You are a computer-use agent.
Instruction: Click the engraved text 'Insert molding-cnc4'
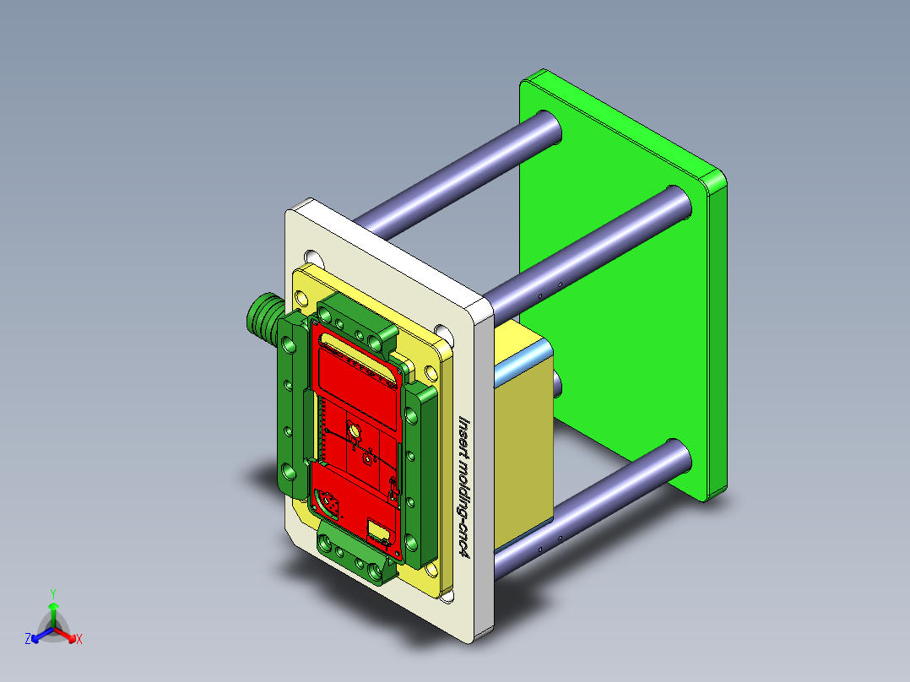pyautogui.click(x=463, y=485)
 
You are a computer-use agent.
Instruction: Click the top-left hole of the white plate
pyautogui.click(x=313, y=257)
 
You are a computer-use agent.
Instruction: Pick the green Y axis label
pyautogui.click(x=52, y=593)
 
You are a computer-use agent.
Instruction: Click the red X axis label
pyautogui.click(x=79, y=640)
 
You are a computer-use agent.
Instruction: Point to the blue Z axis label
pyautogui.click(x=28, y=640)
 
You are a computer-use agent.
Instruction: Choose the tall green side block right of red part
pyautogui.click(x=419, y=473)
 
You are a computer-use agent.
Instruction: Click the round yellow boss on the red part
pyautogui.click(x=355, y=433)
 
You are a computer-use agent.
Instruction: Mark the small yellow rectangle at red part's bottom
pyautogui.click(x=377, y=531)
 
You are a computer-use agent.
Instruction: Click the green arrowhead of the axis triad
pyautogui.click(x=52, y=607)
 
